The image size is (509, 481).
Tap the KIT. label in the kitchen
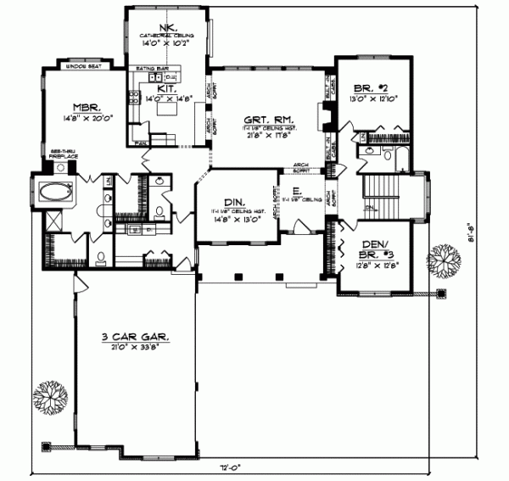point(166,88)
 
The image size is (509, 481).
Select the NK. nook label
point(167,25)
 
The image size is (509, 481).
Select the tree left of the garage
point(49,398)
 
